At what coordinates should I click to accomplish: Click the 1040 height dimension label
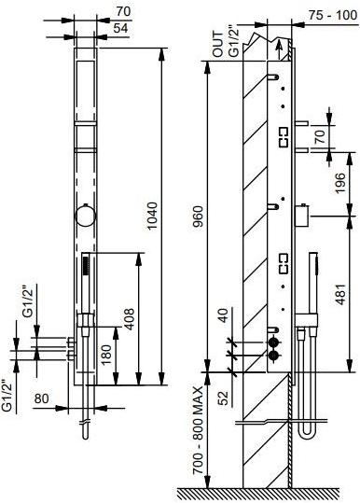[x=152, y=216]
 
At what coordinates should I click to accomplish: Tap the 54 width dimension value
[x=120, y=28]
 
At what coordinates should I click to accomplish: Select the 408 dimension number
[x=130, y=319]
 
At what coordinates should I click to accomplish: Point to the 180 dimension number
[x=106, y=355]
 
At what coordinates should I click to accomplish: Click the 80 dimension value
[x=41, y=398]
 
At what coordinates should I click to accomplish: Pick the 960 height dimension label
[x=199, y=216]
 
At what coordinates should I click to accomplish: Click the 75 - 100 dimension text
[x=332, y=15]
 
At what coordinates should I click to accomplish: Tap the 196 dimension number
[x=340, y=183]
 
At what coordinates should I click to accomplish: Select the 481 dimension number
[x=340, y=294]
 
